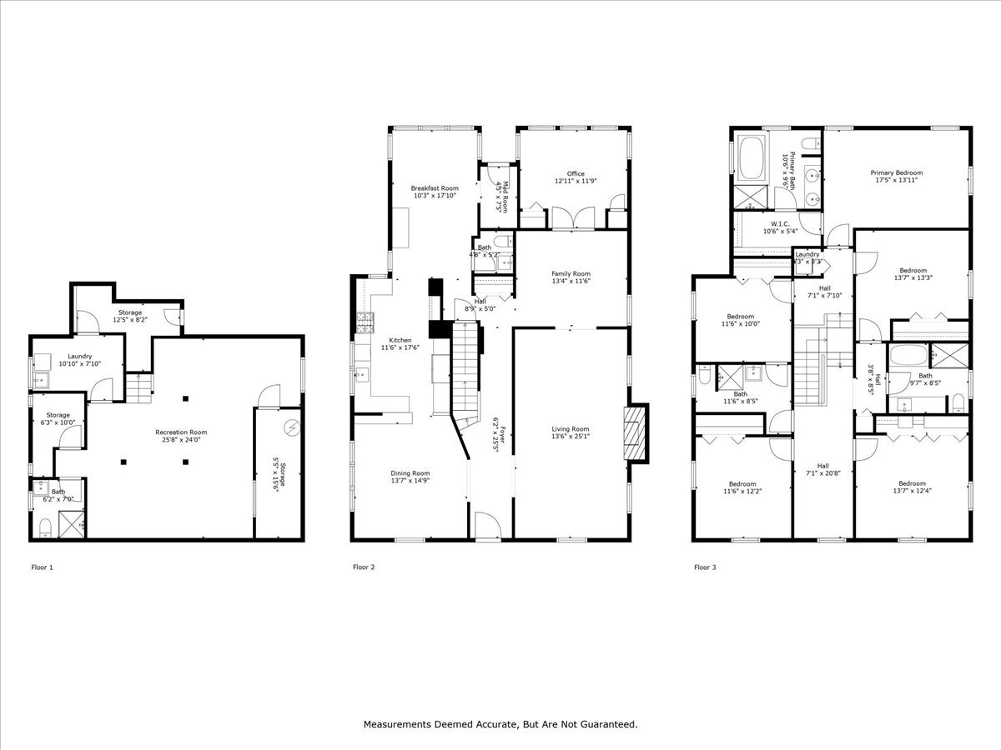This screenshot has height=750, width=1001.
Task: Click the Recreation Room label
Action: tap(181, 432)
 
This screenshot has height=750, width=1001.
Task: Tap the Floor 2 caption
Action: tap(364, 567)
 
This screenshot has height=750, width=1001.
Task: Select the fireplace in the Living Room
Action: tap(636, 433)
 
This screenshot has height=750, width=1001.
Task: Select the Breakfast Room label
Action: tap(435, 188)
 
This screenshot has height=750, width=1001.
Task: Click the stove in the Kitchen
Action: tap(363, 322)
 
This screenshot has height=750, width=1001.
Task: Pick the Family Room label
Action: tap(571, 273)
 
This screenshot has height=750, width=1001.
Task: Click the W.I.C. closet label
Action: tap(780, 223)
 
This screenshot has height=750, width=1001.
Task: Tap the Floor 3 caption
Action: tap(706, 567)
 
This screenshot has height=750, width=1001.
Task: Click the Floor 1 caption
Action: tap(42, 567)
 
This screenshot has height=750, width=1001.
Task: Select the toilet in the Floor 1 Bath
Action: tap(45, 526)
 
